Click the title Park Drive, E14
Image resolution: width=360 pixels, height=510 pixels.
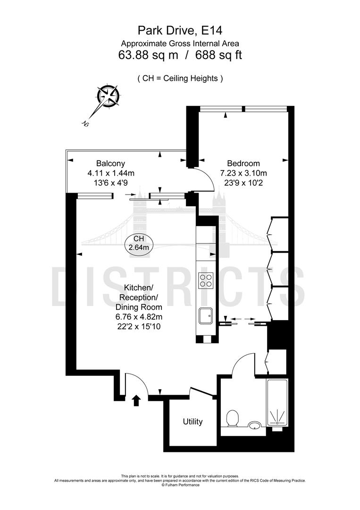click(x=180, y=31)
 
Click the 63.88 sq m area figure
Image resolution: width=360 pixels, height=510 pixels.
click(x=148, y=55)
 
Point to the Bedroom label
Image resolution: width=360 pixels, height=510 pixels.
click(x=241, y=164)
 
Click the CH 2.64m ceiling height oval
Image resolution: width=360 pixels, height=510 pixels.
click(x=139, y=243)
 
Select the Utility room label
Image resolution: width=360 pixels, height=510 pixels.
click(x=193, y=421)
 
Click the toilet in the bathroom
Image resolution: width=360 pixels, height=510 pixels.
click(x=232, y=418)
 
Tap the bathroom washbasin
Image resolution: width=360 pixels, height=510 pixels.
click(x=255, y=425)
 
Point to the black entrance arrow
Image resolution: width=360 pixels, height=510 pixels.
click(x=136, y=400)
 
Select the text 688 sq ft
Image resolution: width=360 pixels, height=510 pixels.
click(x=220, y=55)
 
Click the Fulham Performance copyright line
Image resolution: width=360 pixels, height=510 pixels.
click(x=180, y=485)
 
